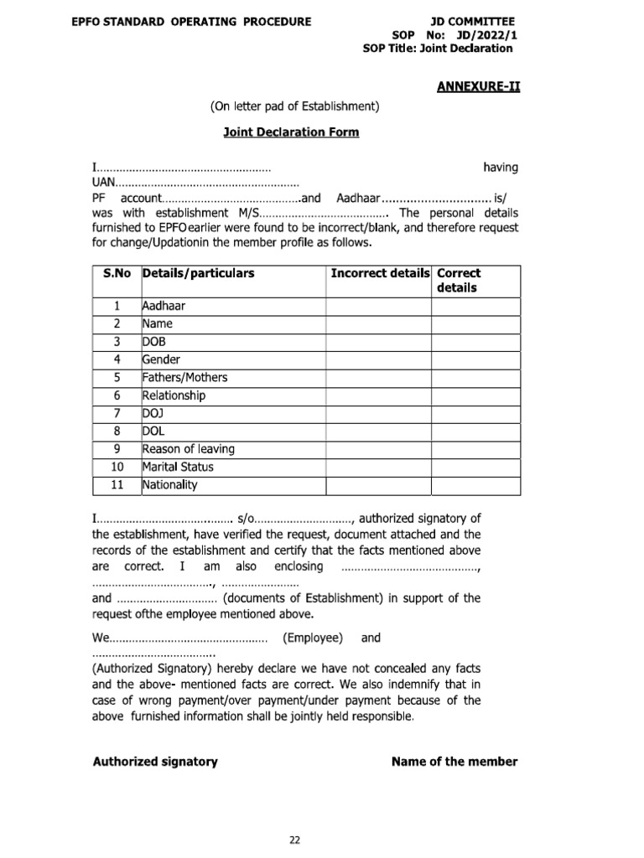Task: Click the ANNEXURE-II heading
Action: click(478, 85)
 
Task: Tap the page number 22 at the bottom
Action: click(294, 817)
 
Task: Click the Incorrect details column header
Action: click(380, 274)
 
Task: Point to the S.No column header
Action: click(118, 274)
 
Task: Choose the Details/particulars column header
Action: click(199, 274)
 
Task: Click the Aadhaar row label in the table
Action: click(164, 306)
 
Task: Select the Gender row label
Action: click(162, 359)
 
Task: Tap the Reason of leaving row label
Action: click(189, 449)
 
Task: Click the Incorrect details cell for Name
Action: click(378, 323)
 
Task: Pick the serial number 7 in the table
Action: click(117, 413)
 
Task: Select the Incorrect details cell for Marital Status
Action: click(378, 467)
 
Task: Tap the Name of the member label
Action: click(454, 762)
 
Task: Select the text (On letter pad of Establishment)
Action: click(295, 106)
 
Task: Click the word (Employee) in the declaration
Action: click(313, 638)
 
